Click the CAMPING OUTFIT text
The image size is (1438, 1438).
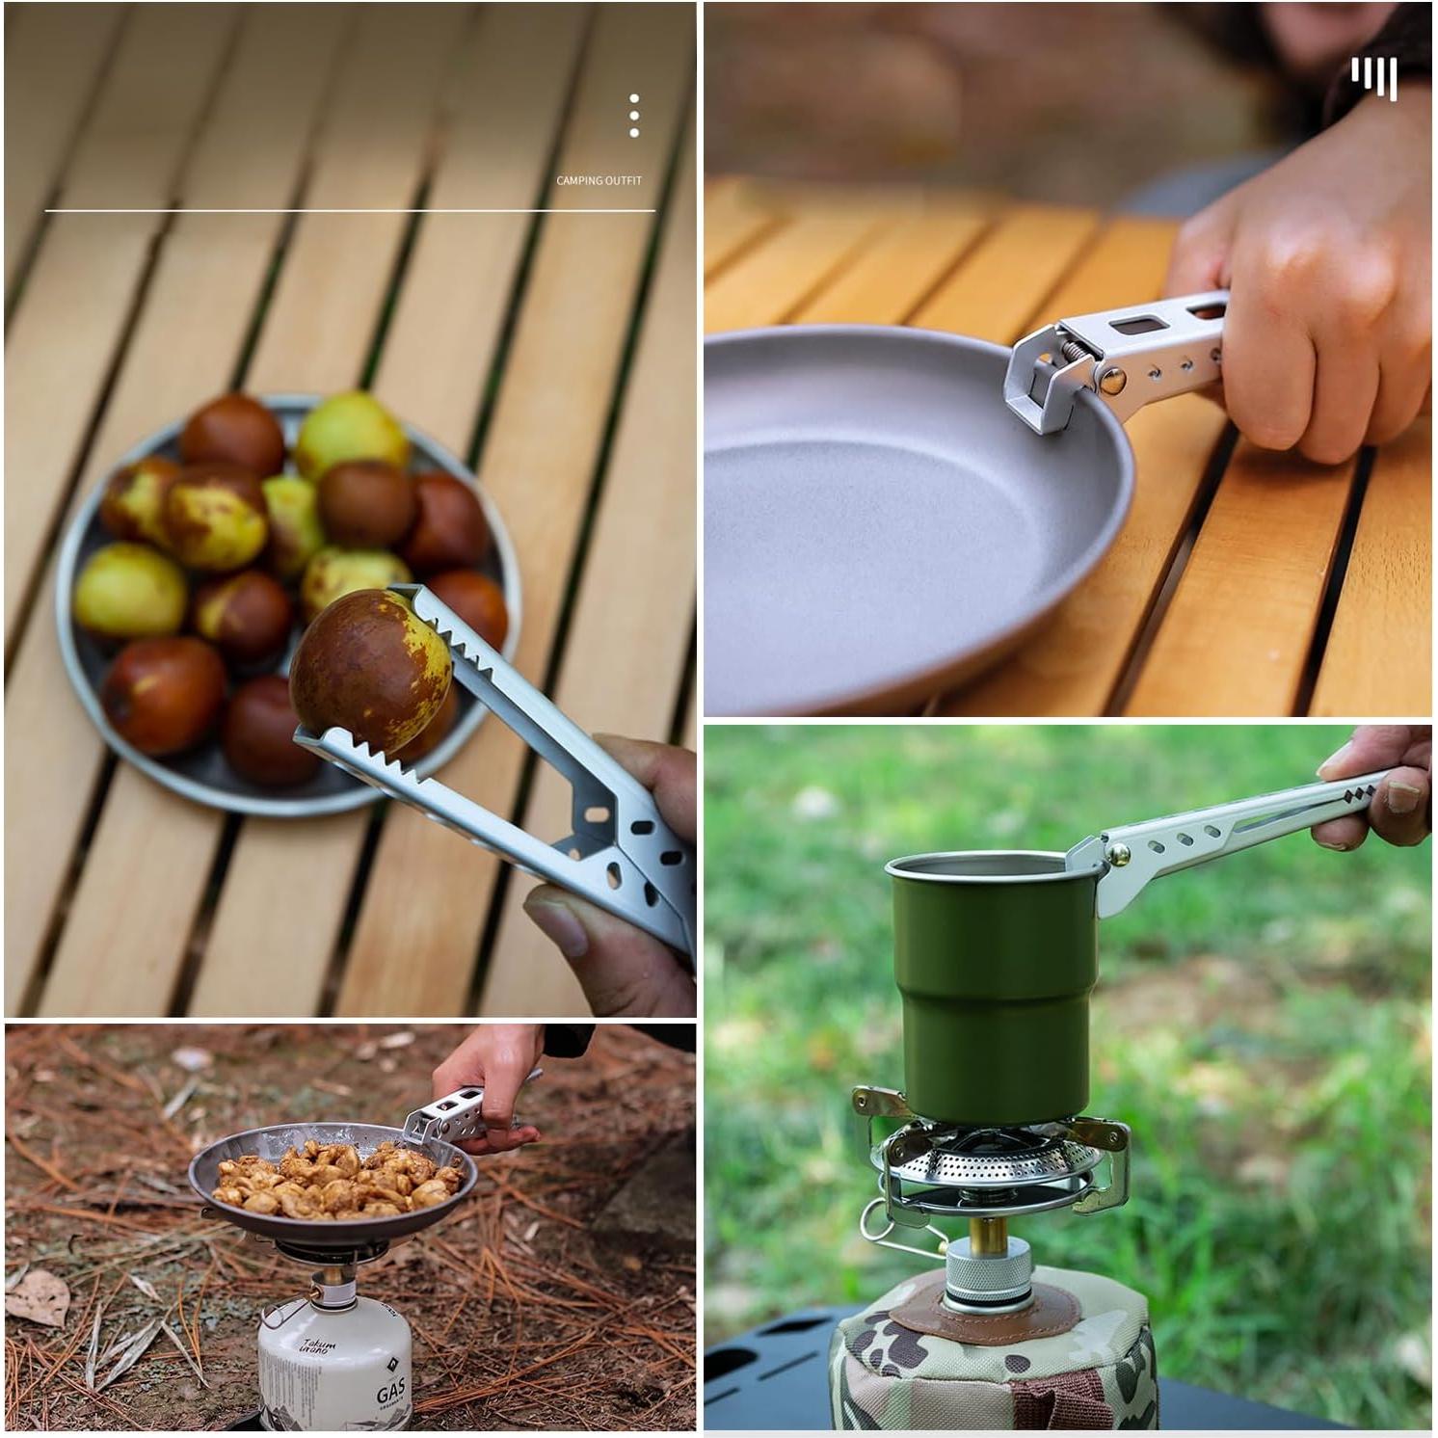[599, 180]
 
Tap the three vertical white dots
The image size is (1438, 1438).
[633, 116]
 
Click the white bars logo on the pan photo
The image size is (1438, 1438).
[1373, 76]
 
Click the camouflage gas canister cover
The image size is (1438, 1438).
[993, 1369]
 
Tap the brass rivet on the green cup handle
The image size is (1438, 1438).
[1119, 853]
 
